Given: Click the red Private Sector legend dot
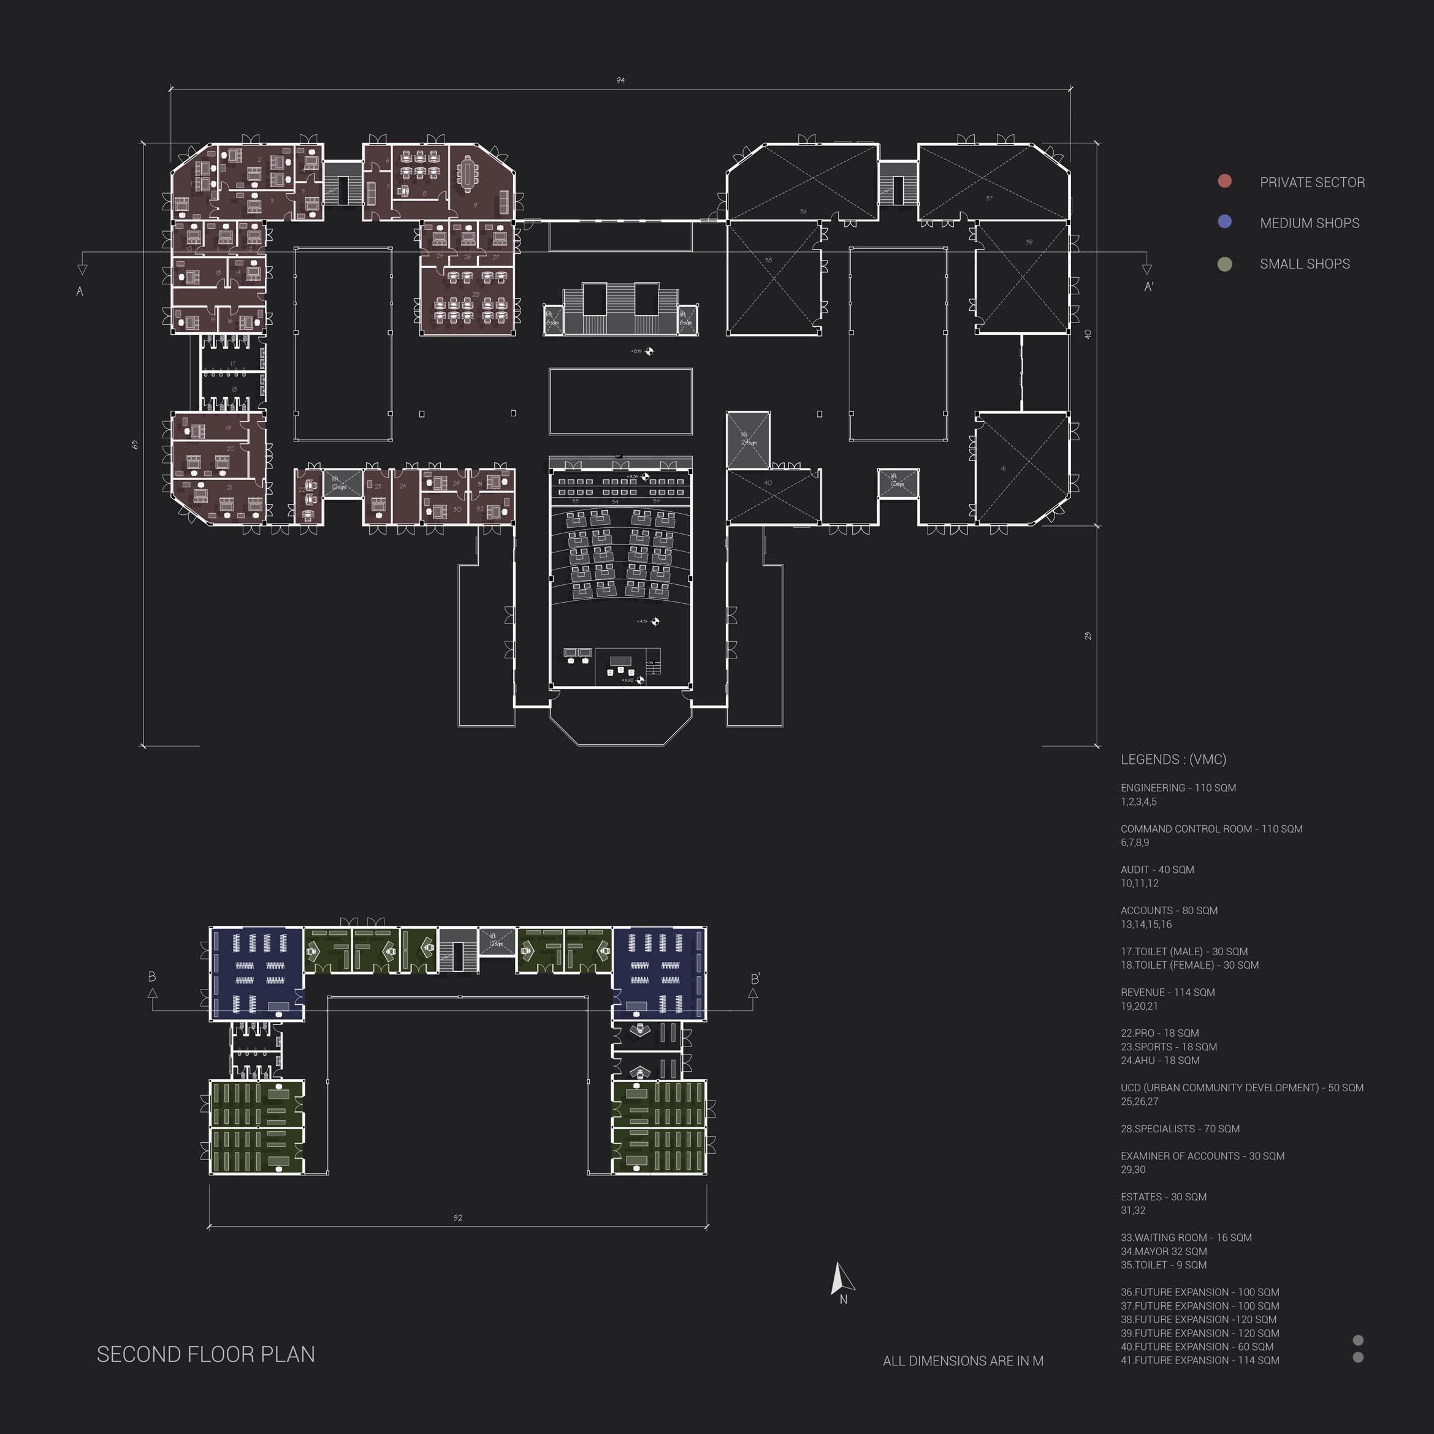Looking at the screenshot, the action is [1225, 181].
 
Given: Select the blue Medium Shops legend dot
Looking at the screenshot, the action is [1225, 222].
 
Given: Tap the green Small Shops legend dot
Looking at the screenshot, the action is [1225, 264].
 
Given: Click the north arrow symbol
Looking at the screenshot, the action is [842, 1280].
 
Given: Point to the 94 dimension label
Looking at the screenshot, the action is [620, 80].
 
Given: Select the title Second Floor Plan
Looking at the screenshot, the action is [205, 1354].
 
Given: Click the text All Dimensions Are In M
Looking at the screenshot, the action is [963, 1361].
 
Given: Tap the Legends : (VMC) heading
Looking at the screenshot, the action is [1173, 760].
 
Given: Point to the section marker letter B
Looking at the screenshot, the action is [152, 977].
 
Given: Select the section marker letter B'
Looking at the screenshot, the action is [755, 979].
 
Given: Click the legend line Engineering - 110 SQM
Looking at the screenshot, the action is [1178, 788].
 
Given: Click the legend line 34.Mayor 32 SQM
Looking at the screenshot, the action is [1164, 1251].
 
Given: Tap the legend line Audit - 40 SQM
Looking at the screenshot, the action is [1157, 869].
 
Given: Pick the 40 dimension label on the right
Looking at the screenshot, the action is [1088, 334].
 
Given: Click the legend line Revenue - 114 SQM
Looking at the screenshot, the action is [1167, 993].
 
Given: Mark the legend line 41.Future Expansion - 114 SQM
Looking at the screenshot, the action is [1199, 1360].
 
